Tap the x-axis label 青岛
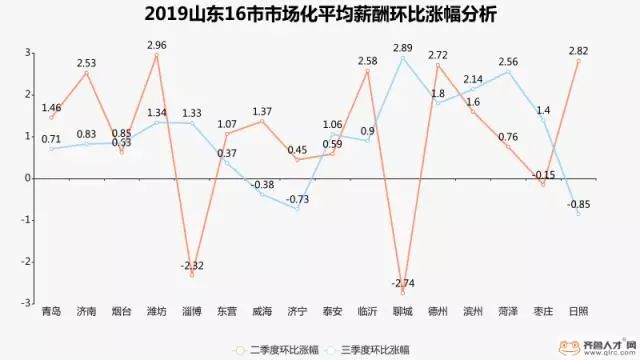[50, 311]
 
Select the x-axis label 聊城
[402, 311]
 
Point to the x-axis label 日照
[578, 311]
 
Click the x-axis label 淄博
[191, 311]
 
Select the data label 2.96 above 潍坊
[156, 44]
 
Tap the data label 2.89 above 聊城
[402, 47]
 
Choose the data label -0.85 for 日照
[577, 204]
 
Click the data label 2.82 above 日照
[578, 50]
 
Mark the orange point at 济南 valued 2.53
[86, 72]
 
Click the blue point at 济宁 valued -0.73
[297, 208]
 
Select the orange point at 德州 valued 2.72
[437, 64]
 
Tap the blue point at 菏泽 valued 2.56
[508, 71]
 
